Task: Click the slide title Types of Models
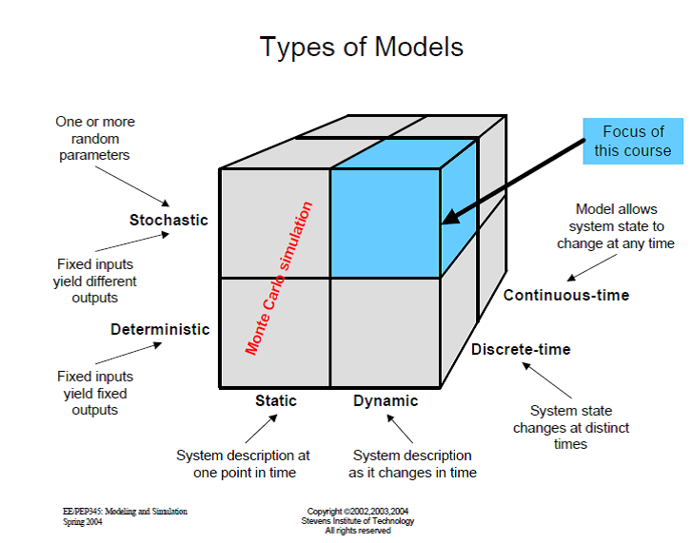(x=362, y=46)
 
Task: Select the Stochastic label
(x=168, y=221)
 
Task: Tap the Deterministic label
(x=160, y=330)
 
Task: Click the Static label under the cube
(x=275, y=401)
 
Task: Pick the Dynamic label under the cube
(x=386, y=401)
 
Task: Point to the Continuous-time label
(x=566, y=296)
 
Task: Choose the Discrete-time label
(x=521, y=350)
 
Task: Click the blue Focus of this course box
(x=633, y=141)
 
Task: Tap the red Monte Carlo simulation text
(x=279, y=279)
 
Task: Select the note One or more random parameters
(x=95, y=139)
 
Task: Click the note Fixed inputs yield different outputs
(x=95, y=281)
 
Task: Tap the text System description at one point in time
(x=243, y=464)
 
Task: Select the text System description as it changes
(x=412, y=464)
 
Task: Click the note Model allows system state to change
(x=616, y=226)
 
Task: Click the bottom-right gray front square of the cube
(x=386, y=332)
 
